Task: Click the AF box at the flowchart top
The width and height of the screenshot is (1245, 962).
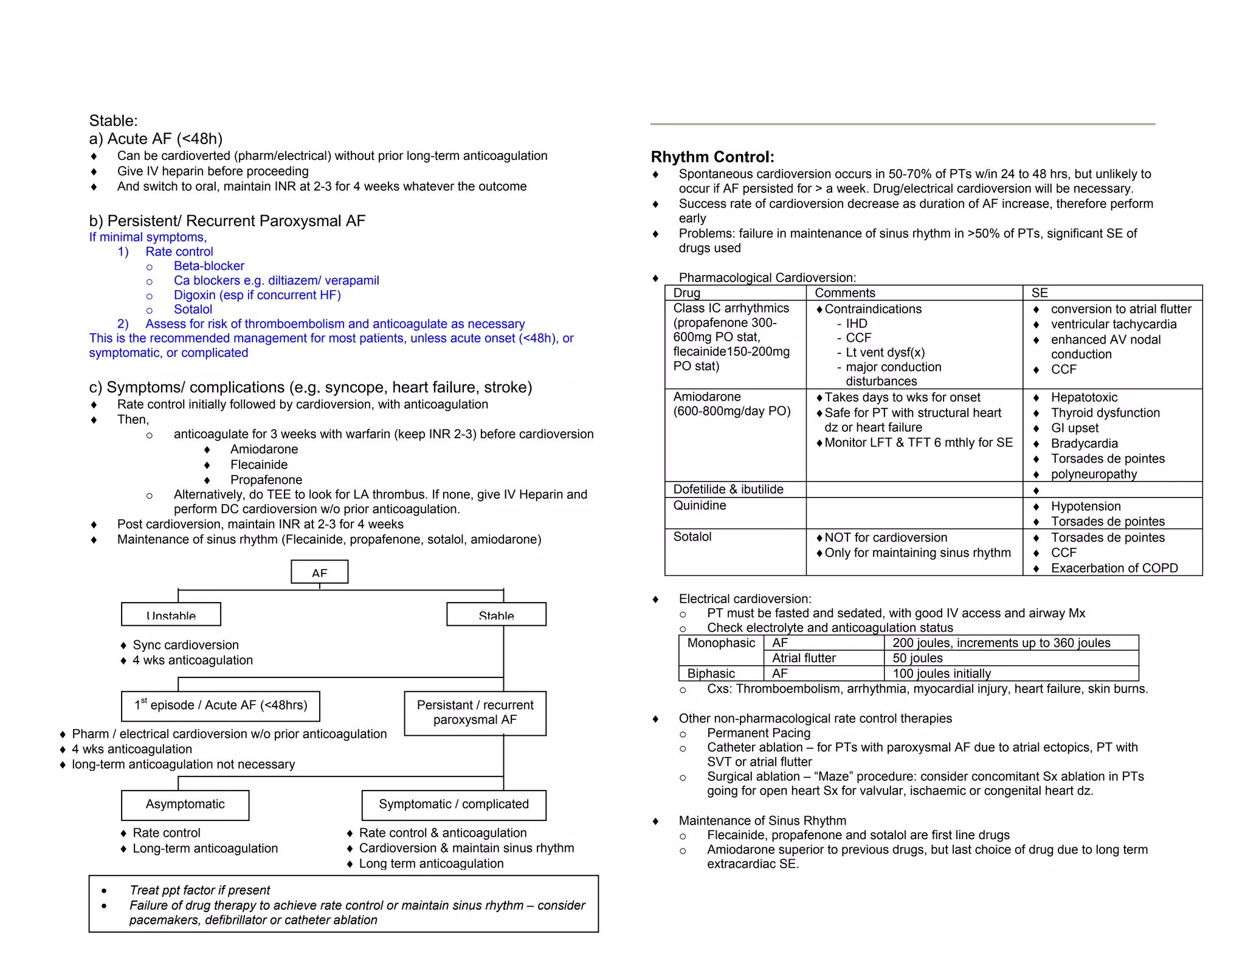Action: [319, 572]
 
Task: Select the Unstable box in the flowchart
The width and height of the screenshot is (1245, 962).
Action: [171, 614]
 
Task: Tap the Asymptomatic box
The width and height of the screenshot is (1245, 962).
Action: [185, 805]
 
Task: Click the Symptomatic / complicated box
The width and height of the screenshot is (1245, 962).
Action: [454, 805]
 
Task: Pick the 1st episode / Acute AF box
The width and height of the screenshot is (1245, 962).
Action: [220, 705]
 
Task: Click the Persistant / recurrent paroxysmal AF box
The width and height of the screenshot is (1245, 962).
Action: [475, 713]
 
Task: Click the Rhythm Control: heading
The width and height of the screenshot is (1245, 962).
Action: [712, 157]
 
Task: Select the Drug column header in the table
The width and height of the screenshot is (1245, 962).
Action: [687, 292]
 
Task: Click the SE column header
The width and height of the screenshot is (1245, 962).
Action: [1040, 292]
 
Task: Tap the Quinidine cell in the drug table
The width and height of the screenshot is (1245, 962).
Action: [700, 505]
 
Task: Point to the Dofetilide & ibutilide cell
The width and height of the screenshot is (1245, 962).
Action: [728, 490]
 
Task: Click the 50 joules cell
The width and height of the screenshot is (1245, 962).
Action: [917, 658]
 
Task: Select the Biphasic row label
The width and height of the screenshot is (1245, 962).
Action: [711, 674]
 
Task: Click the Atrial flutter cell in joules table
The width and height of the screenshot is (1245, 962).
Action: [804, 658]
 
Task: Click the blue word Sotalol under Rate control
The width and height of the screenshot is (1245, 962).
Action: [193, 310]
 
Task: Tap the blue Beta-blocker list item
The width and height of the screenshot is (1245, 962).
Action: [209, 266]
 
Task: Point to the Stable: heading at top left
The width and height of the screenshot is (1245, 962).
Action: [113, 120]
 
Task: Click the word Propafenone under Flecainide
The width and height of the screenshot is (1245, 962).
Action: [266, 480]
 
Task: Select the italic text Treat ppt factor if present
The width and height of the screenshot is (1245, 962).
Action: [199, 890]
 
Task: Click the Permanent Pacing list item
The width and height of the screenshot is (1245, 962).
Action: [758, 733]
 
